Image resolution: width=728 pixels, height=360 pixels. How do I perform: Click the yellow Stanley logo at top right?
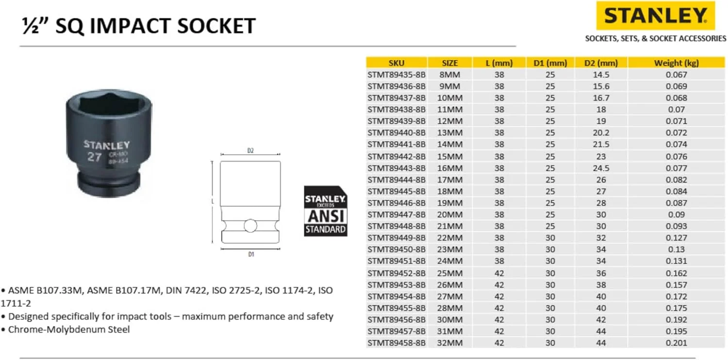tap(655, 16)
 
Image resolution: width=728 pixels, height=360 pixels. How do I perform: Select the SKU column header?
tap(396, 63)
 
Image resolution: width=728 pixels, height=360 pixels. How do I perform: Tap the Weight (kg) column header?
tap(676, 63)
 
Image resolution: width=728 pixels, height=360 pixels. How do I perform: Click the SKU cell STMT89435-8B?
tap(396, 75)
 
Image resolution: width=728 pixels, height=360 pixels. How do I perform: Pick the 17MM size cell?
tap(450, 180)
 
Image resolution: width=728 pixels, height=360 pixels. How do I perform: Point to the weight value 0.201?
tap(677, 343)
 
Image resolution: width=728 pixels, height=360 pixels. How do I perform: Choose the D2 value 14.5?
tap(601, 75)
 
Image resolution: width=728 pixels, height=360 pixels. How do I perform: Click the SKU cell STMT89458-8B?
tap(396, 343)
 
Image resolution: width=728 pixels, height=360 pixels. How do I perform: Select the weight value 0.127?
tap(677, 238)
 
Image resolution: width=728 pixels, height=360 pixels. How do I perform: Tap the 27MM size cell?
tap(450, 296)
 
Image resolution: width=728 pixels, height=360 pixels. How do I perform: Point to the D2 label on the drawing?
tap(250, 151)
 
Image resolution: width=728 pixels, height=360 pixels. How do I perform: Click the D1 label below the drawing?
tap(250, 254)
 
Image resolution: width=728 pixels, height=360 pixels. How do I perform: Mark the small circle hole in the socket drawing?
tap(250, 225)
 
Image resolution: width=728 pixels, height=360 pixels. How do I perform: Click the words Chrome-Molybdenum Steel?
tap(69, 329)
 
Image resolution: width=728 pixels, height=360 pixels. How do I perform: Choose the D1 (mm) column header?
tap(550, 63)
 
